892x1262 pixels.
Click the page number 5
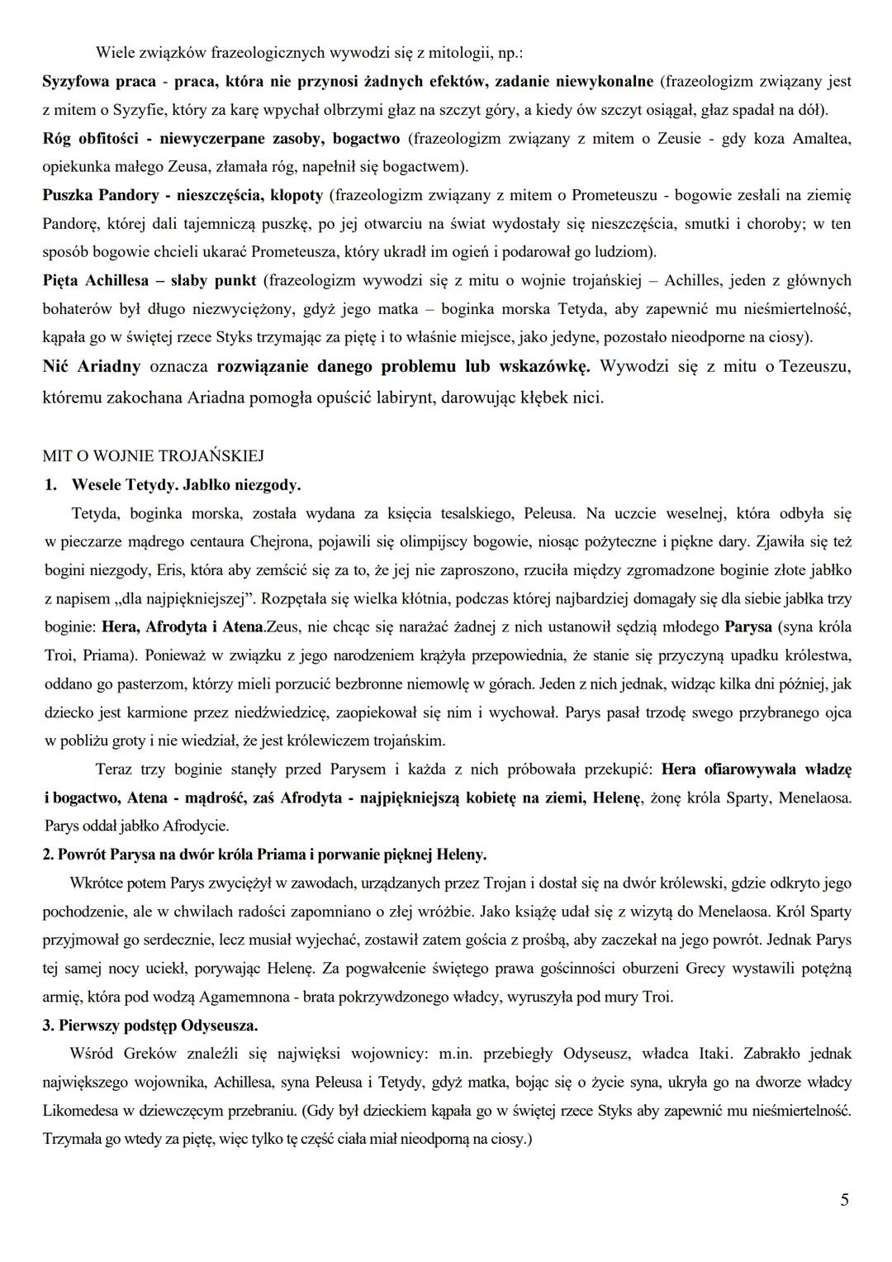coord(844,1199)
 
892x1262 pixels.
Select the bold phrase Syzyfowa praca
coord(95,82)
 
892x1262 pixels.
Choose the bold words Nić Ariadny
coord(92,365)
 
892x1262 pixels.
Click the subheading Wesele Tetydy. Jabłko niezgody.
coord(187,484)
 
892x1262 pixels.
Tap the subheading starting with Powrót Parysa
coord(273,854)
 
